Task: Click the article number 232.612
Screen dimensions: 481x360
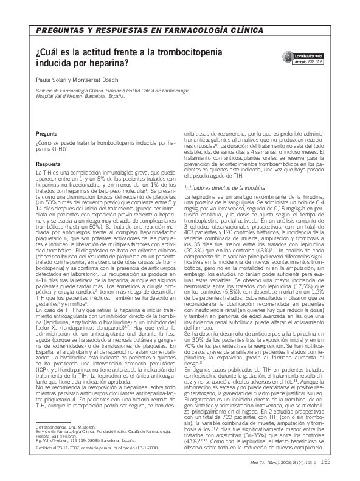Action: coord(314,62)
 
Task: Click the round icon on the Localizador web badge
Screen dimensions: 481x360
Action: coord(288,57)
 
